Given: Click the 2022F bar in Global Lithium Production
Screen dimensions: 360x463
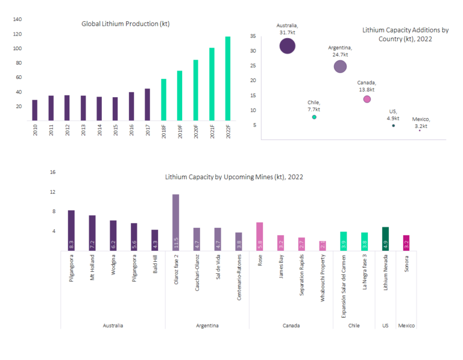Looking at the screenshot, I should (228, 78).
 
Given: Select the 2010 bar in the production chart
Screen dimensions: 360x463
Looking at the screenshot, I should (35, 110).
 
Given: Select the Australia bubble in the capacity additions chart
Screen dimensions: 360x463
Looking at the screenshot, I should (288, 46).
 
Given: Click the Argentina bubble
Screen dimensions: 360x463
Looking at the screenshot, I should (340, 66).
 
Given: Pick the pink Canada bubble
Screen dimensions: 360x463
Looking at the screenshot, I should (367, 99).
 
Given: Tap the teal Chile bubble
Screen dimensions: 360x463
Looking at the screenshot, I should (314, 117).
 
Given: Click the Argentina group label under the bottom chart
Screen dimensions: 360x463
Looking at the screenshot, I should (207, 326).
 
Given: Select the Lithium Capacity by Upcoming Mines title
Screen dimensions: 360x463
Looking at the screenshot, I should (234, 177).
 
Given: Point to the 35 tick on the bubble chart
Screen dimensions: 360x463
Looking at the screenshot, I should (254, 36).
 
